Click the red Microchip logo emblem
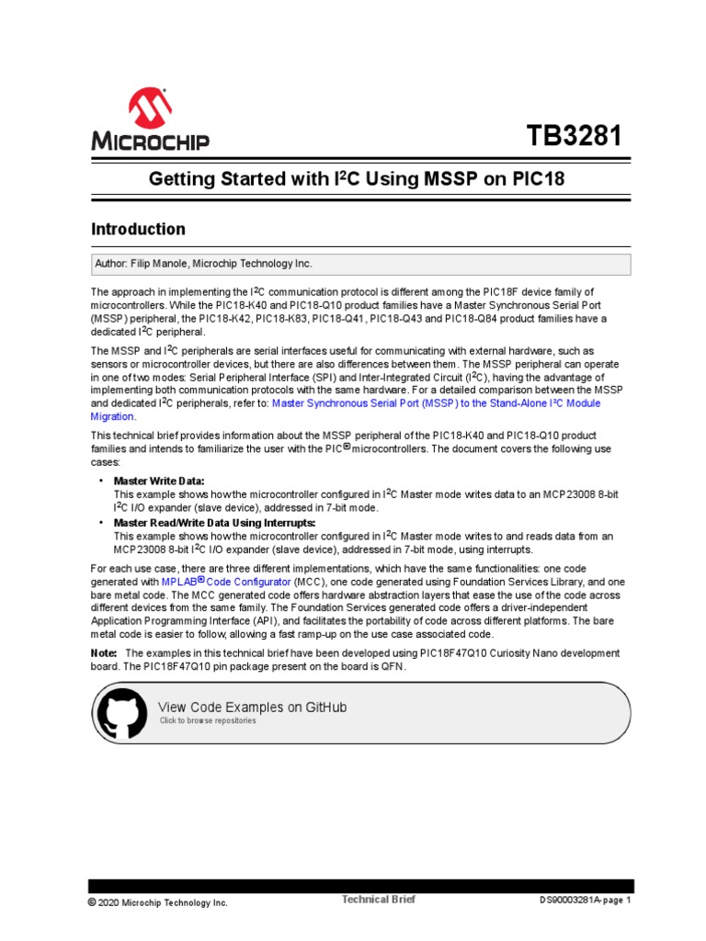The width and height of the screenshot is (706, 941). tap(150, 108)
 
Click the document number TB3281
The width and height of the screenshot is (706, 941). tap(574, 138)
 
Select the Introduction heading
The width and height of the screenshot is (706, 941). tap(138, 229)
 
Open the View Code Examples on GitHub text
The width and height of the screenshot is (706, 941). tap(253, 707)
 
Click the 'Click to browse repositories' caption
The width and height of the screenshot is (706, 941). tap(208, 721)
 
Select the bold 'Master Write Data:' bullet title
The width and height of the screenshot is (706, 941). tap(159, 481)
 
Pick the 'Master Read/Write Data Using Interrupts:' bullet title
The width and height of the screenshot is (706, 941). tap(214, 522)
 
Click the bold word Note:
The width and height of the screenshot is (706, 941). tap(104, 652)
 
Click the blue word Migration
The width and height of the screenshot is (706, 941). tap(112, 416)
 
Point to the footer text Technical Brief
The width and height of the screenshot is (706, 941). tap(379, 900)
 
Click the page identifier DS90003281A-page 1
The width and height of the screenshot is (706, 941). tap(585, 901)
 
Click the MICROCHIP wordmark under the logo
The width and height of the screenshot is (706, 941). tap(150, 142)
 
